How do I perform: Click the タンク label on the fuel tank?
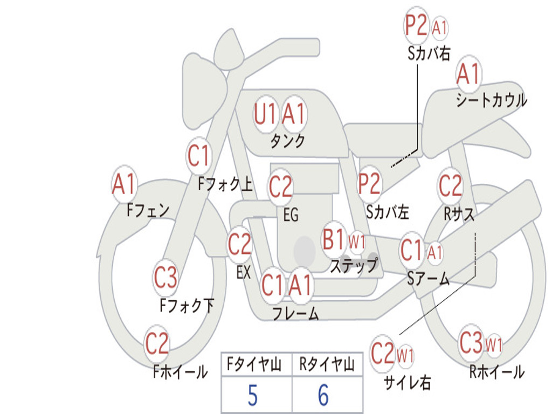[287, 141]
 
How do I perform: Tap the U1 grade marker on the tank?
[265, 114]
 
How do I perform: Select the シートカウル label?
[491, 101]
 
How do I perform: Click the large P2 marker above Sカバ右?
[416, 26]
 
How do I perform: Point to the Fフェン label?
[148, 210]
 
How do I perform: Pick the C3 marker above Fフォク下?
[165, 278]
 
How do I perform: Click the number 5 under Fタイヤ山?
[252, 396]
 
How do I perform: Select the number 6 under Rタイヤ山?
[323, 396]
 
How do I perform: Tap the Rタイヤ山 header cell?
[327, 366]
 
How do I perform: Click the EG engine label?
[291, 215]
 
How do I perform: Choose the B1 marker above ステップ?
[334, 240]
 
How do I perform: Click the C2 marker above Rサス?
[450, 186]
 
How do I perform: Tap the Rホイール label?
[496, 371]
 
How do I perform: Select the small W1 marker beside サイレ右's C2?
[405, 355]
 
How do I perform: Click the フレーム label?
[295, 314]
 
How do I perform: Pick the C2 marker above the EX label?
[239, 245]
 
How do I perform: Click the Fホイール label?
[180, 371]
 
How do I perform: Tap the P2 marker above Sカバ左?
[369, 184]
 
